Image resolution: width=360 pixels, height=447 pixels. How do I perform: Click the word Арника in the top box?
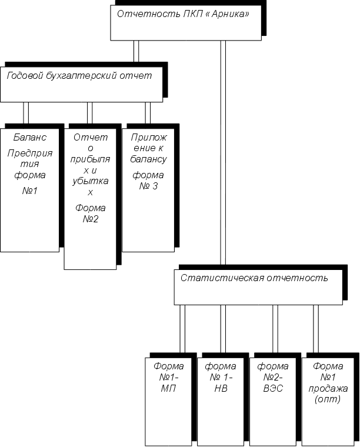click(x=226, y=14)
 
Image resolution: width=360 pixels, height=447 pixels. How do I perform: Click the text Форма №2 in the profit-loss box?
click(x=90, y=214)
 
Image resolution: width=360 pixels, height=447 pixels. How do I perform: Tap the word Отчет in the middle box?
click(x=90, y=137)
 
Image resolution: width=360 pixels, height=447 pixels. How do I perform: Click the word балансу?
click(x=148, y=159)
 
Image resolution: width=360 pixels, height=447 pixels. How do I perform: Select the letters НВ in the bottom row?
click(x=221, y=388)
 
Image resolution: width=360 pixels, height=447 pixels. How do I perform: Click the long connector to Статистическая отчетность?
click(x=223, y=153)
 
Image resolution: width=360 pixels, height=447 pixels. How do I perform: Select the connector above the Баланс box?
click(x=26, y=113)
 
